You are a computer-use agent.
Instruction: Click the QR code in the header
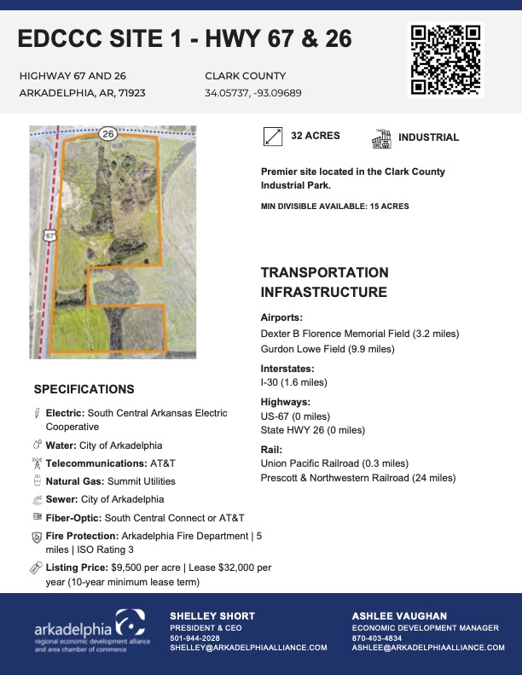445,59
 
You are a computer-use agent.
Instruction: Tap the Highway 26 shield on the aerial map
107,133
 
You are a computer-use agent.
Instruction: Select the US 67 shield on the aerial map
50,233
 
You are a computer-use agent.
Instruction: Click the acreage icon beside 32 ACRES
273,137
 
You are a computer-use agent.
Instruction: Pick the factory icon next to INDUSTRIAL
381,137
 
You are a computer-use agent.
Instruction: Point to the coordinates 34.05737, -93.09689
253,93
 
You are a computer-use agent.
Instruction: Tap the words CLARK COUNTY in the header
246,76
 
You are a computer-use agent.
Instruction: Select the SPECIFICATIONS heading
84,389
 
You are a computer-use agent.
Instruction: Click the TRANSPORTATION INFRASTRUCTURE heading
324,282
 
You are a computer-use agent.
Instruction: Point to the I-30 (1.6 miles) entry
294,382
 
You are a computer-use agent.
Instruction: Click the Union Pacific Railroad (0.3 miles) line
334,463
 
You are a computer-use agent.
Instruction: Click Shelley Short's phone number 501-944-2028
194,637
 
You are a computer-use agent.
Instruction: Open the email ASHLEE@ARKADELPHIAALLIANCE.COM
428,648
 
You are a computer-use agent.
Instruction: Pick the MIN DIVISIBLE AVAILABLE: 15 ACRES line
334,207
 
